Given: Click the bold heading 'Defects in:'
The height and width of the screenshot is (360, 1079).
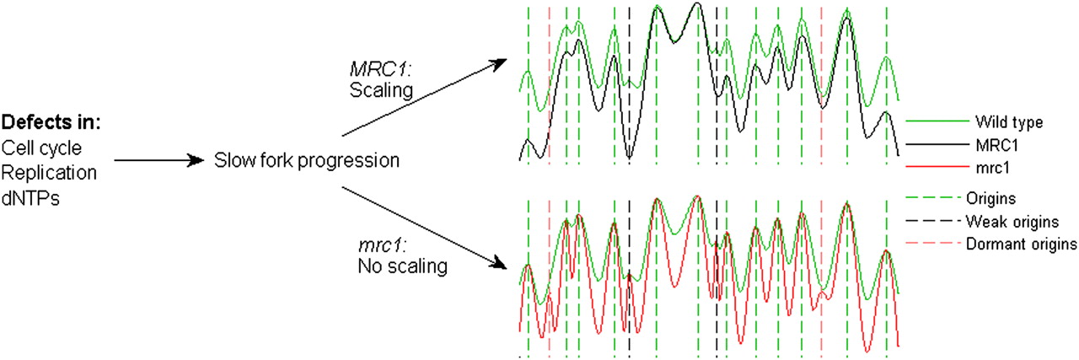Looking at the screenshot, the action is click(51, 122).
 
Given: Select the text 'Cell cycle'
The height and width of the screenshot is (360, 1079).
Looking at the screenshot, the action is click(41, 148).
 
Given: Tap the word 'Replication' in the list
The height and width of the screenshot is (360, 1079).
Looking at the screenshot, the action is click(49, 173).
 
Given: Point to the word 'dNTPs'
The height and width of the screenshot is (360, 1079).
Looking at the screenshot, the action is click(30, 198).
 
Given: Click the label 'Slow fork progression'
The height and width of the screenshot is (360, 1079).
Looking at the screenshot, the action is click(307, 160).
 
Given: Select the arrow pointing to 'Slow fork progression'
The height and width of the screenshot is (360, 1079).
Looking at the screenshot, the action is click(159, 160).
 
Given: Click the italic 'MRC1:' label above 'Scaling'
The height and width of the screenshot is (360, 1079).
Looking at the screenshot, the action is click(380, 69).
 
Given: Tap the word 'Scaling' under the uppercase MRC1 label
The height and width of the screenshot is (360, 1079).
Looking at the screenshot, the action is click(381, 90).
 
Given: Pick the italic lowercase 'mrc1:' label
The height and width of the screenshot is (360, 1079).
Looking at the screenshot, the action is click(383, 246).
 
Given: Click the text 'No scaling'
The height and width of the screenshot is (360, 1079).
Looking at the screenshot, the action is click(403, 266).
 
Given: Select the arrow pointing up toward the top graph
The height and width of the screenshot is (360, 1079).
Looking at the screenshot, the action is click(424, 97).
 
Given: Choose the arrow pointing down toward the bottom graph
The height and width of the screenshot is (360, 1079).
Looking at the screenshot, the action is click(424, 228).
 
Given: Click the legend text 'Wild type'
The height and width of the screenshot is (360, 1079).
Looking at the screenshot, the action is click(1009, 122).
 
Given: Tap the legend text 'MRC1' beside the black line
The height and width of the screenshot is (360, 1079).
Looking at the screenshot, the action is click(996, 145).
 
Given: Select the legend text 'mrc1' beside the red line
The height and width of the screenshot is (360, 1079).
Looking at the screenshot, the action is click(992, 168).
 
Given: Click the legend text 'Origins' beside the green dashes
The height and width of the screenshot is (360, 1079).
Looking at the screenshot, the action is click(990, 199).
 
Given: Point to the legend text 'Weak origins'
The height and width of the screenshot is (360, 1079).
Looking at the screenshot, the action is click(1012, 222).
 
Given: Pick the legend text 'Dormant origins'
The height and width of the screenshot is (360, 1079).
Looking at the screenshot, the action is click(1021, 244).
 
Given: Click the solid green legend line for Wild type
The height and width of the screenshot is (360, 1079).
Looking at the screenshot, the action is click(937, 121).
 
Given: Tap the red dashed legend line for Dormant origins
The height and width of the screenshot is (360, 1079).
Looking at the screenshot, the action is click(930, 243).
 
